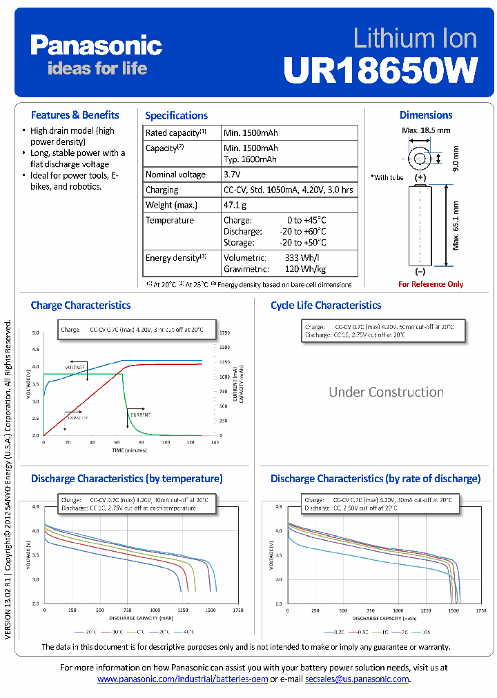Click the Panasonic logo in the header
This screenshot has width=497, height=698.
(x=96, y=46)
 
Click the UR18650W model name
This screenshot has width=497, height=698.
(x=380, y=70)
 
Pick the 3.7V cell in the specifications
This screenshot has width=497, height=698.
(x=232, y=174)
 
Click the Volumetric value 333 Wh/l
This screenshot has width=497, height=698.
(x=301, y=257)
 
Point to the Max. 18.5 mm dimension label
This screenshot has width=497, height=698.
(x=426, y=130)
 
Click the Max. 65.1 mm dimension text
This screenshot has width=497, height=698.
(x=456, y=226)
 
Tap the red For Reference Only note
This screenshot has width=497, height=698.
(x=431, y=284)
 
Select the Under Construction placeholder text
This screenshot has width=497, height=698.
(x=386, y=392)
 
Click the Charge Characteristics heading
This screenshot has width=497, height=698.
(x=80, y=305)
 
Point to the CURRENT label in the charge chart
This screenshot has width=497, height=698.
(x=139, y=415)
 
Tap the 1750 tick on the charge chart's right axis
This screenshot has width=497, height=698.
(x=224, y=332)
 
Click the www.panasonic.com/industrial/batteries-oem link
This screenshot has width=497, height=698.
(x=182, y=679)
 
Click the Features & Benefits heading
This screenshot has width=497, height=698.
(x=75, y=114)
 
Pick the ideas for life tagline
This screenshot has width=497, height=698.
(x=97, y=68)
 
